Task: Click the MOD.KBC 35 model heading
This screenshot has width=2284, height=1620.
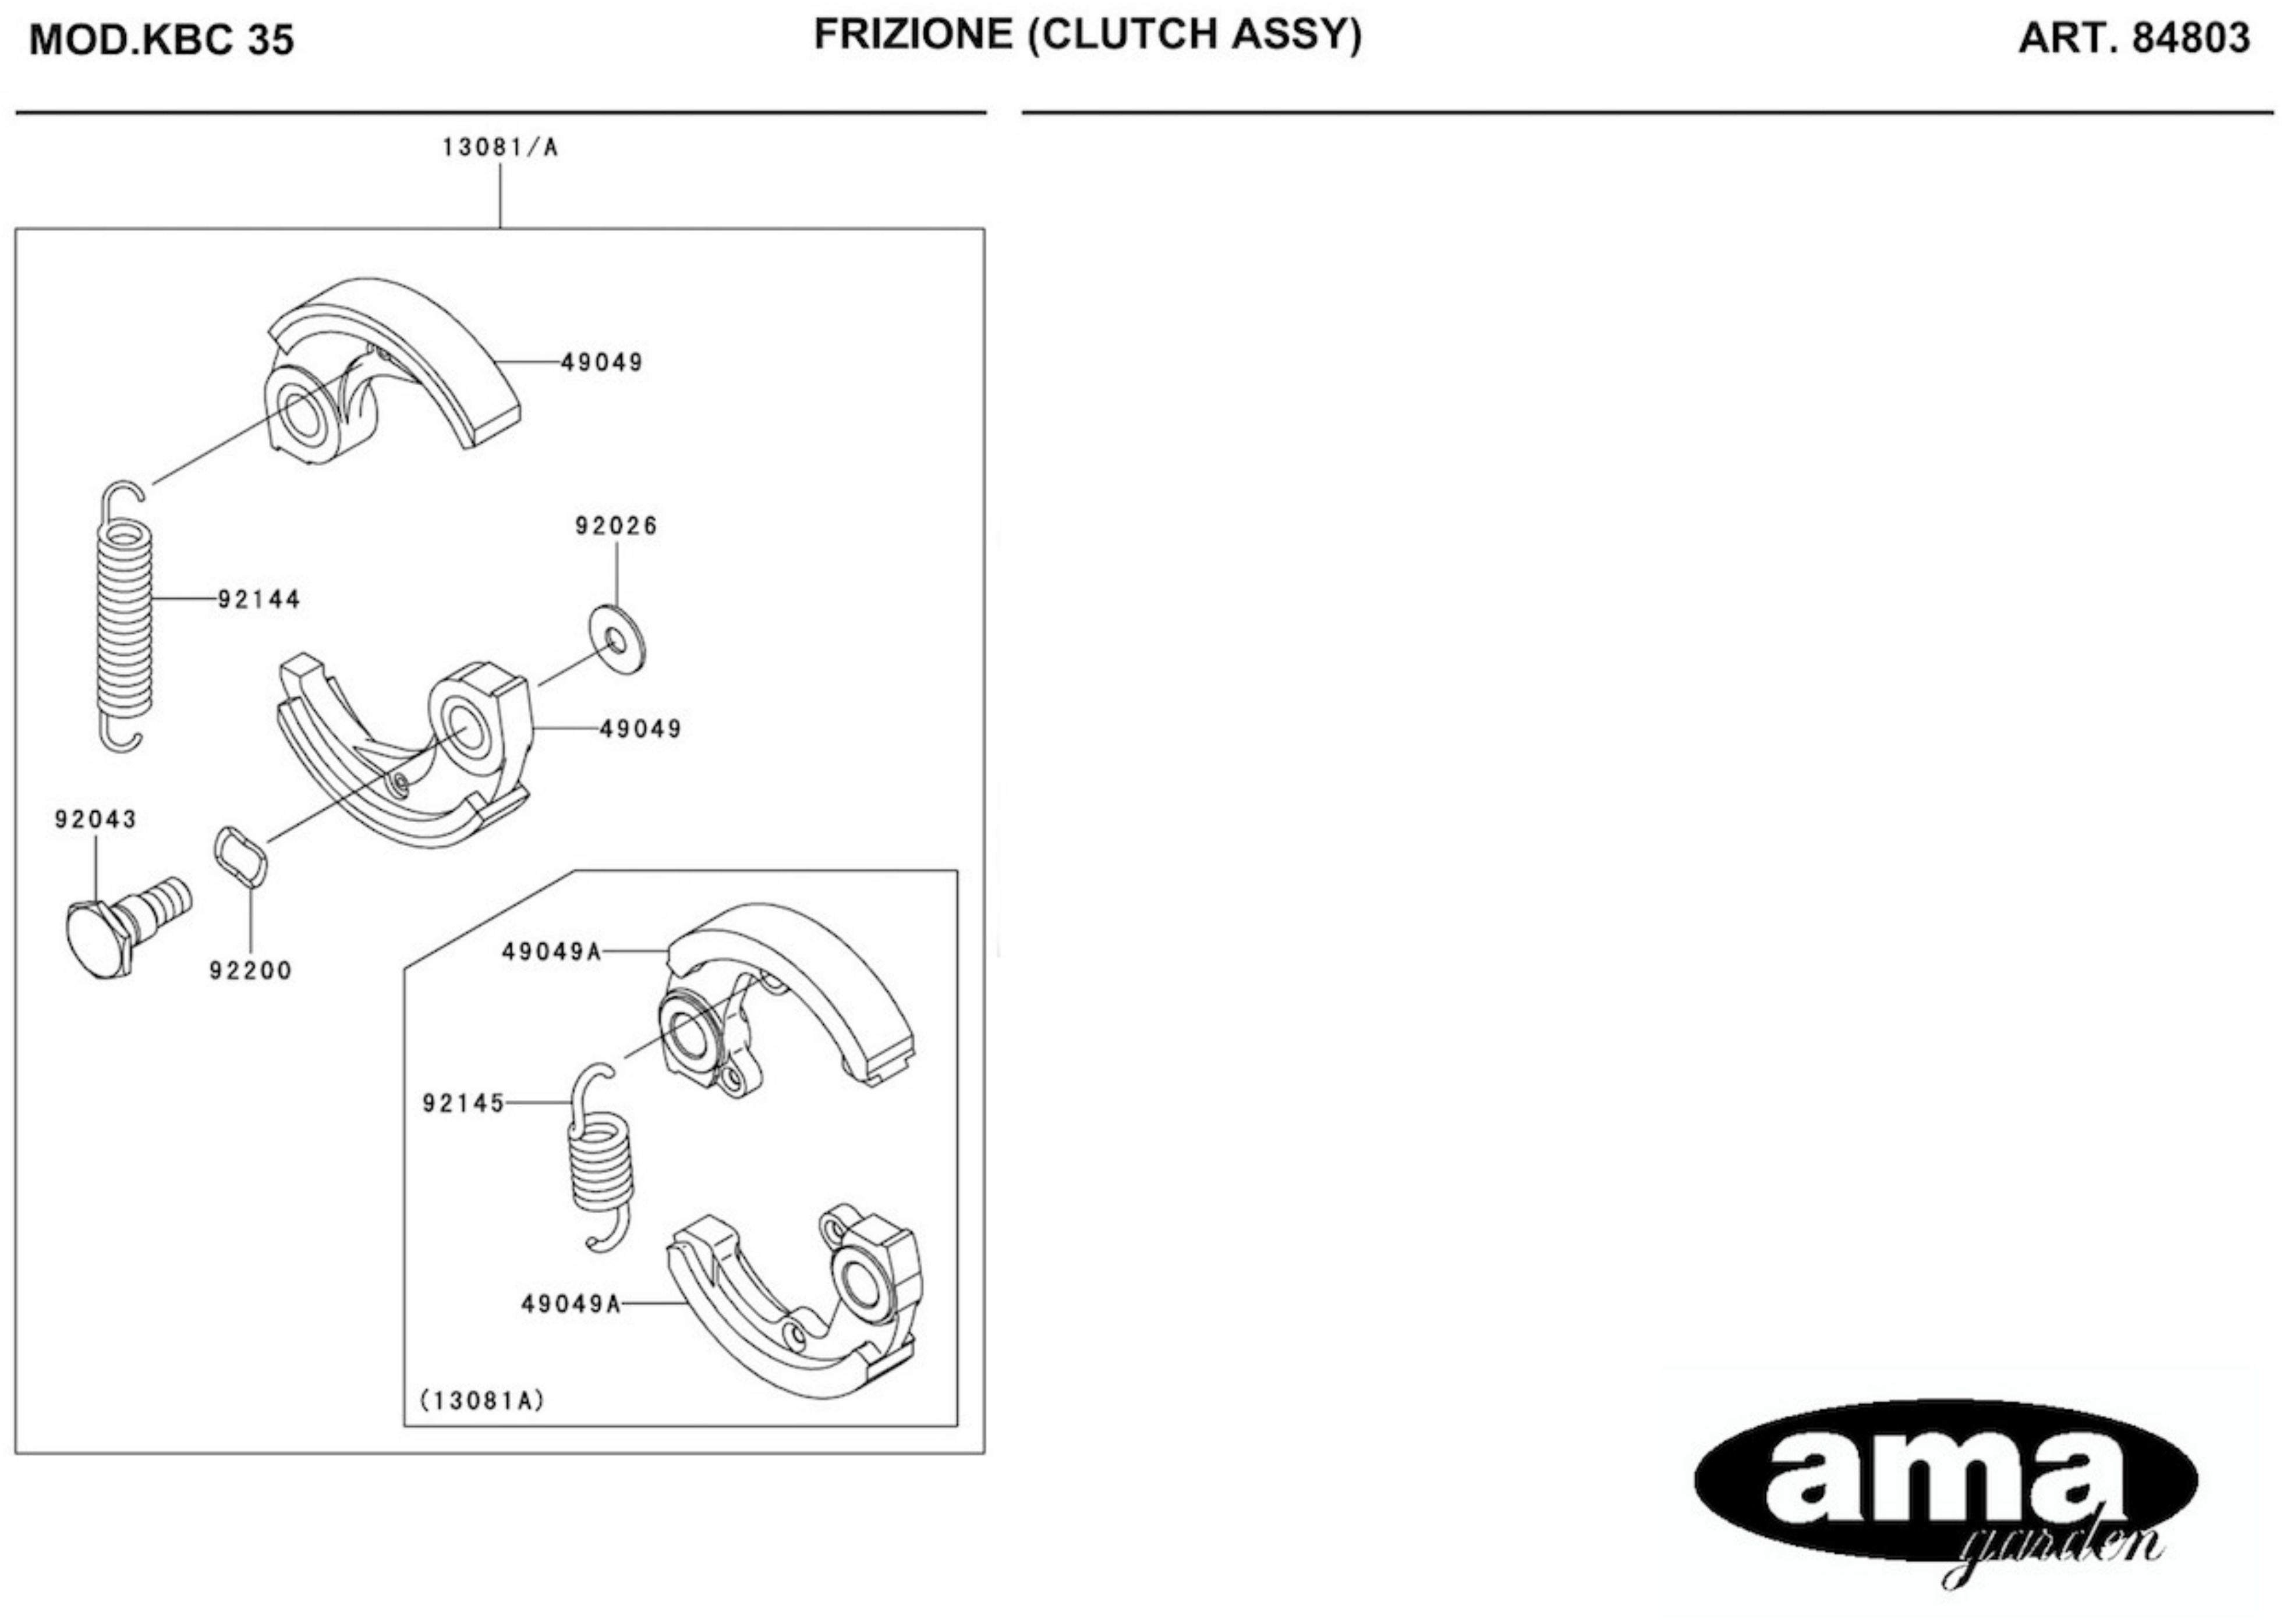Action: click(162, 40)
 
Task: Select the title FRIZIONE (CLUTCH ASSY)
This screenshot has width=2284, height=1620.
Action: click(1088, 35)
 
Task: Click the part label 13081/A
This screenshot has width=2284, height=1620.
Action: click(500, 148)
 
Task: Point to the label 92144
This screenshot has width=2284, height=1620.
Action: click(260, 599)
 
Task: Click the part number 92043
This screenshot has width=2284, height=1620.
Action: click(96, 819)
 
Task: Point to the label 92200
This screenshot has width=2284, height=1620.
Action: click(250, 971)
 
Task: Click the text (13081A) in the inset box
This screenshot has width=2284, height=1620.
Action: click(482, 1401)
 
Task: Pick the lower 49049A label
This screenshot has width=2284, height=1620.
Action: click(571, 1304)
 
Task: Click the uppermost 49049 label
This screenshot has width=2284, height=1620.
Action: click(601, 362)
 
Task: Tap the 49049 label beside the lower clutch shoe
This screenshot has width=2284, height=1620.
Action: click(640, 729)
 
